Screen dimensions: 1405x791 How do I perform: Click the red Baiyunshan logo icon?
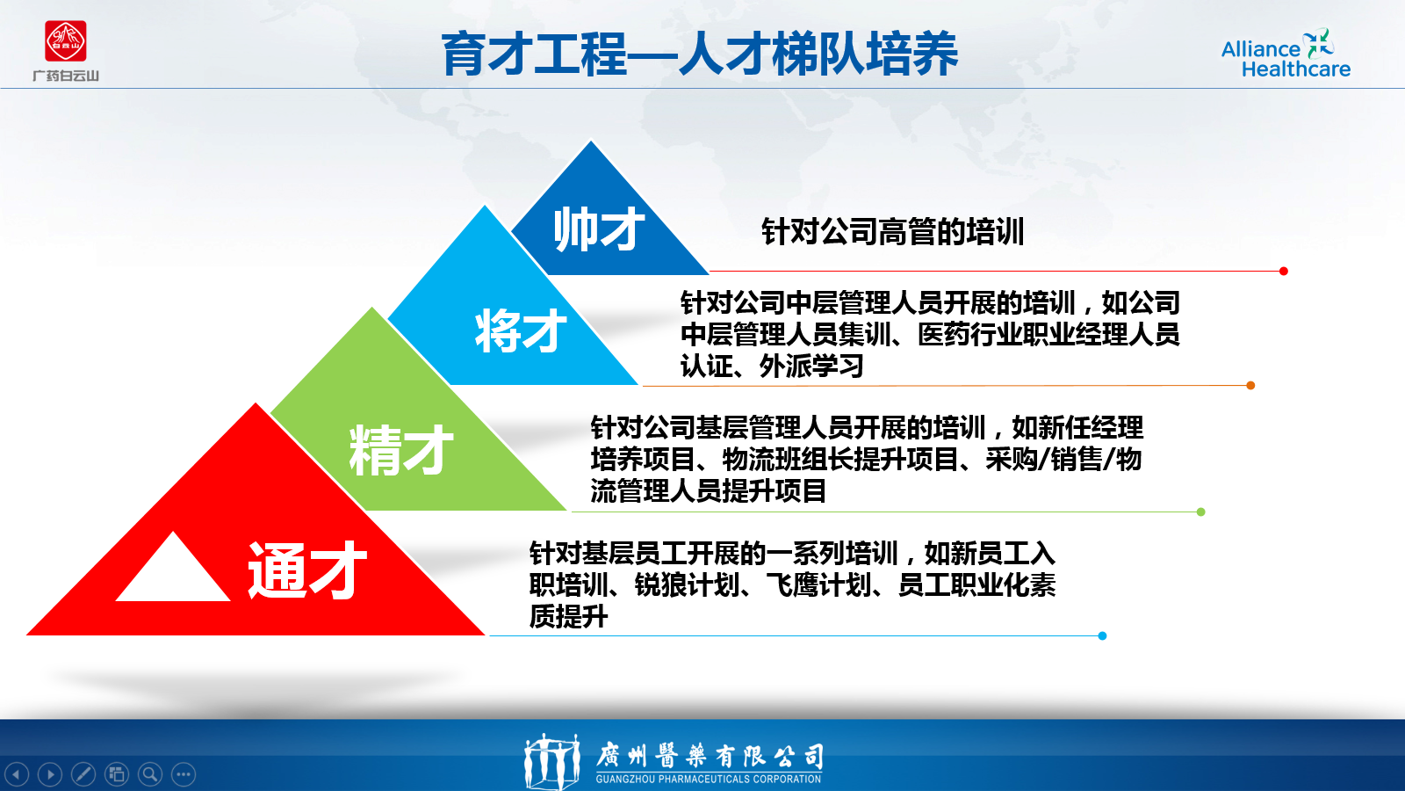pos(65,41)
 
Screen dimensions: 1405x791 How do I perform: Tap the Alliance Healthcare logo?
pos(1286,54)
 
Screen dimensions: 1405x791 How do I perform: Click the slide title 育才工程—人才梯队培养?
pos(700,54)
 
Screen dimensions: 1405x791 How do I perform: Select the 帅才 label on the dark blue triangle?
pos(598,229)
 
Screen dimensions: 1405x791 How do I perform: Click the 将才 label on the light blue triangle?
pos(521,330)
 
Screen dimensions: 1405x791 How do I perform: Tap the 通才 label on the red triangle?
pos(306,570)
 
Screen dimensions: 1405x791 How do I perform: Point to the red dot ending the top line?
pos(1283,272)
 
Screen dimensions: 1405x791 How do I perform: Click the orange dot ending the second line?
pos(1250,386)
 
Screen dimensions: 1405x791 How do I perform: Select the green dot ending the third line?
pos(1200,512)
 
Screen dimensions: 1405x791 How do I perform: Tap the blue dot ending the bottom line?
pos(1102,636)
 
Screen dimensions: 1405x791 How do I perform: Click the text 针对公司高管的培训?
pos(892,232)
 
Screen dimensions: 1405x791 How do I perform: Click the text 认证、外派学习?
pos(772,366)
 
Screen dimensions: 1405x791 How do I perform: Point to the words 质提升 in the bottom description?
pos(568,616)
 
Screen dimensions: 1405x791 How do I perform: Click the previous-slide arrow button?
pos(17,774)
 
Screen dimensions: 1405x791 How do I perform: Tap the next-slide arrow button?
pos(50,774)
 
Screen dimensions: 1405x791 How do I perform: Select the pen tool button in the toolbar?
pos(83,774)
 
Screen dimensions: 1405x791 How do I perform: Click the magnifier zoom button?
pos(150,774)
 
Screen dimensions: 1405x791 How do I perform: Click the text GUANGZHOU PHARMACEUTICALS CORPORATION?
pos(708,779)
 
